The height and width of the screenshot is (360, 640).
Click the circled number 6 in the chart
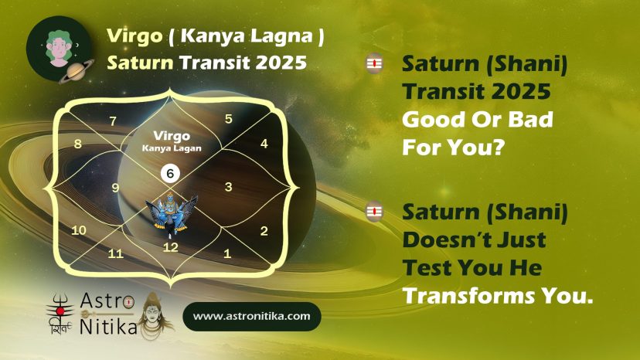[x=170, y=174]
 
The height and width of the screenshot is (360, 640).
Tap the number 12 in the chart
[x=170, y=247]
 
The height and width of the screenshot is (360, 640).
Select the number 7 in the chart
[x=113, y=121]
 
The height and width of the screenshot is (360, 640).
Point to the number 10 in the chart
[x=79, y=230]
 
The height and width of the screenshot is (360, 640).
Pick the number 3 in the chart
[x=229, y=187]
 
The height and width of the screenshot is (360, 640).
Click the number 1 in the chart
[x=227, y=253]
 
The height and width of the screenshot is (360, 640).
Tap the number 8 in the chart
[x=77, y=144]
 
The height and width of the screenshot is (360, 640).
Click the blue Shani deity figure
[x=172, y=214]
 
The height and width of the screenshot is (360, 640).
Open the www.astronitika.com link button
[x=252, y=316]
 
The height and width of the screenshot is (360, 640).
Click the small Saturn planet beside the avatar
[x=77, y=71]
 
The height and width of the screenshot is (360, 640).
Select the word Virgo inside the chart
[x=172, y=135]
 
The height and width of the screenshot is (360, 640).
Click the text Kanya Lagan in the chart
[x=172, y=148]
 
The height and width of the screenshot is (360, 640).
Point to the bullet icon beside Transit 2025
[x=374, y=63]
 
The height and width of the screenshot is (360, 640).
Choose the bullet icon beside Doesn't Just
[x=374, y=212]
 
